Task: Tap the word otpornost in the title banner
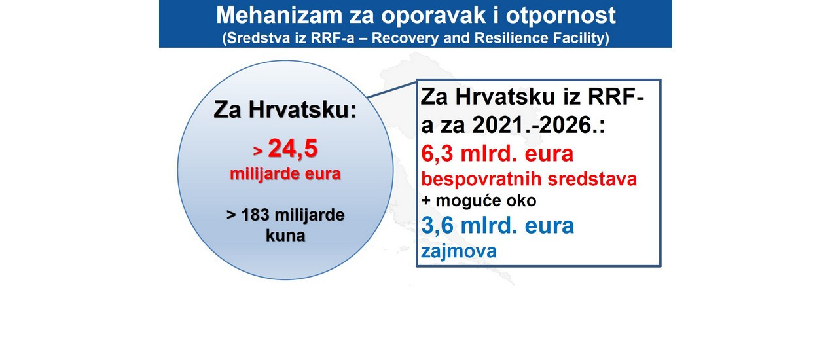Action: pos(560,16)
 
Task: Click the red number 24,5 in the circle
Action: pos(293,149)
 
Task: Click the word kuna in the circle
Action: pos(285,236)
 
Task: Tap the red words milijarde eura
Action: pos(285,174)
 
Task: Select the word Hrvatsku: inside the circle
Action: pos(302,110)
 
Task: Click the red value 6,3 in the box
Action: pos(437,154)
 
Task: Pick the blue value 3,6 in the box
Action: pos(437,226)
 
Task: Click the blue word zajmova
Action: pos(459,251)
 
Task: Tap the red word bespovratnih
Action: pos(481,179)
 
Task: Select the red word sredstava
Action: pos(592,179)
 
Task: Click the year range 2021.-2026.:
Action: pos(539,125)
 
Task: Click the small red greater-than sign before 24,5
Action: pos(258,151)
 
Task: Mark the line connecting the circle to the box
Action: pos(391,90)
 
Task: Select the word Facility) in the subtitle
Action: pos(586,38)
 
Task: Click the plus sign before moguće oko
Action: pos(425,201)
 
